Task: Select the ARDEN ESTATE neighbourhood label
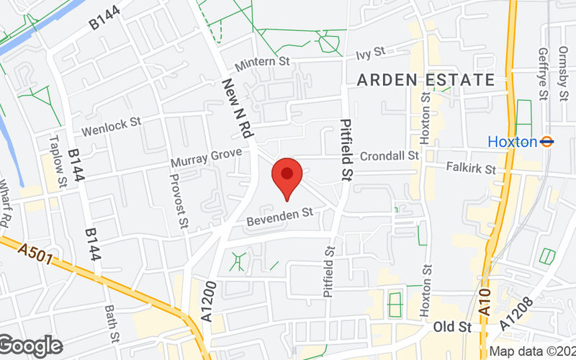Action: coord(426,80)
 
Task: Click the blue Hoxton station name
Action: coord(512,142)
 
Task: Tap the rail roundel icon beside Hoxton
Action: coord(547,142)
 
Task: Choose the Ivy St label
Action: coord(371,53)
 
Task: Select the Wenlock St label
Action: coord(111,127)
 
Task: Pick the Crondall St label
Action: coord(390,156)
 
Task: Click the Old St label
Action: coord(452,328)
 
